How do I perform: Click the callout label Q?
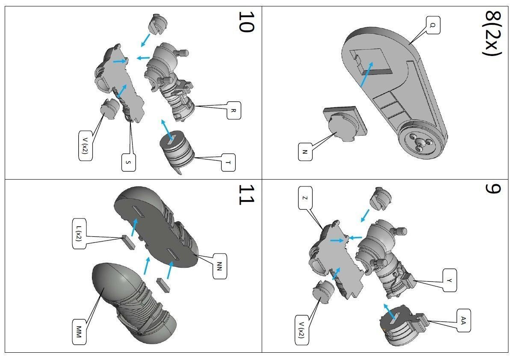point(432,26)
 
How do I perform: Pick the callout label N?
point(305,152)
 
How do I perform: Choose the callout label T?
point(229,162)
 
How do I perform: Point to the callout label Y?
point(449,280)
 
